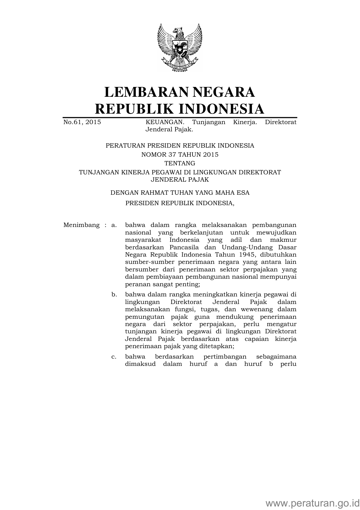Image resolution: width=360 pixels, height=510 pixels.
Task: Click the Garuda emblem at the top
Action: point(180,47)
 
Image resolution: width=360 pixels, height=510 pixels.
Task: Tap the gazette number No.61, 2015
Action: point(82,122)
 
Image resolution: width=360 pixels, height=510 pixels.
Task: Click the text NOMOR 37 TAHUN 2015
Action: point(180,155)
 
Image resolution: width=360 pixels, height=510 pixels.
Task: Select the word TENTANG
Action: point(180,163)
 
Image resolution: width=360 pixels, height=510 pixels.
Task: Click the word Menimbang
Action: point(81,225)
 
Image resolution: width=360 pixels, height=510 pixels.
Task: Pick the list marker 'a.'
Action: point(114,225)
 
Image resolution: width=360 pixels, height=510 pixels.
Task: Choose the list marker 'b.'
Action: point(114,295)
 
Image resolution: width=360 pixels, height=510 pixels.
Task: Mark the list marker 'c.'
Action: point(114,357)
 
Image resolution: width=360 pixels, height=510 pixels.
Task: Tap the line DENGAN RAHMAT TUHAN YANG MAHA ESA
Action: point(180,193)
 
